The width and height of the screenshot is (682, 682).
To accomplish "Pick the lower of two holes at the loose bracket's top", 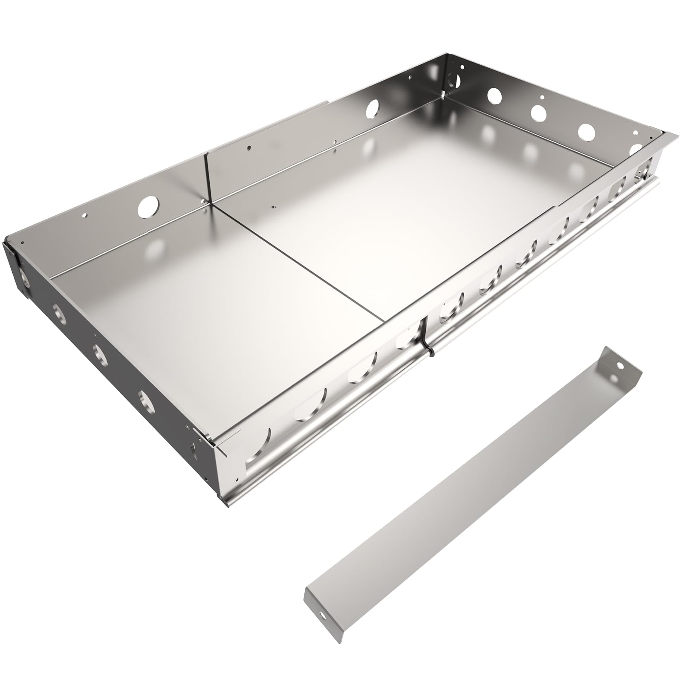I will (614, 378).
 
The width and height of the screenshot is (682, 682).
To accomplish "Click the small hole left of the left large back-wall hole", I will (85, 215).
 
